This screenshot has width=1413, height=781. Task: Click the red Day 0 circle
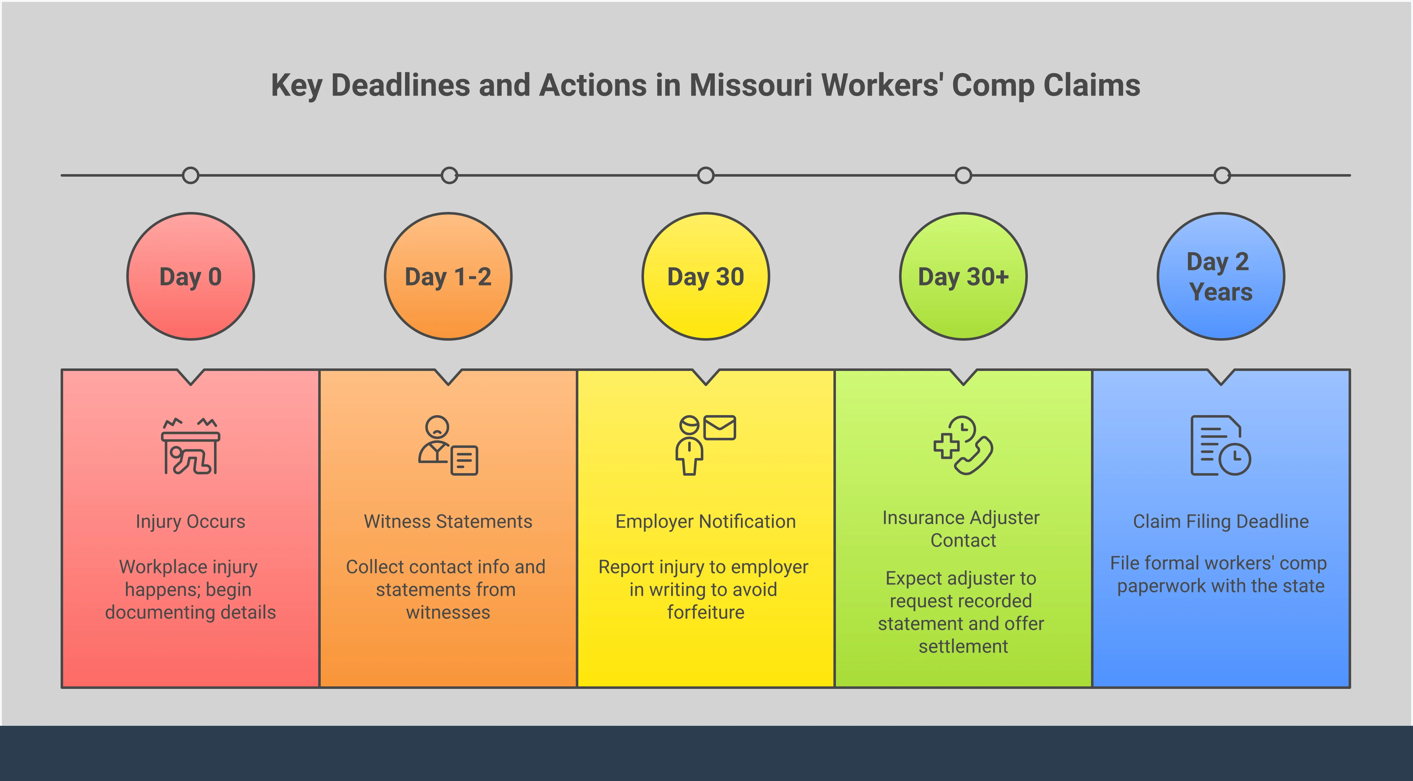(190, 276)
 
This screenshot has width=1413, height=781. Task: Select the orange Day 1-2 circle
(448, 276)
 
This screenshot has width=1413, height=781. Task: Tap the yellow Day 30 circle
(706, 276)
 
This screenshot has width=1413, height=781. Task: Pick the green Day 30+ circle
(963, 276)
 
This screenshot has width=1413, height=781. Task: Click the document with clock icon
(1220, 446)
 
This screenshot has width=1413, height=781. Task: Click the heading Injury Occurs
(190, 521)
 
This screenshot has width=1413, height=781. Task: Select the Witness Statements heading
(448, 521)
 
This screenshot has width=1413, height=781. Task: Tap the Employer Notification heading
(706, 521)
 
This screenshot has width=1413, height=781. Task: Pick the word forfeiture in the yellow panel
(706, 612)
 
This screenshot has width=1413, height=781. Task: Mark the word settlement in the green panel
(963, 647)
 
